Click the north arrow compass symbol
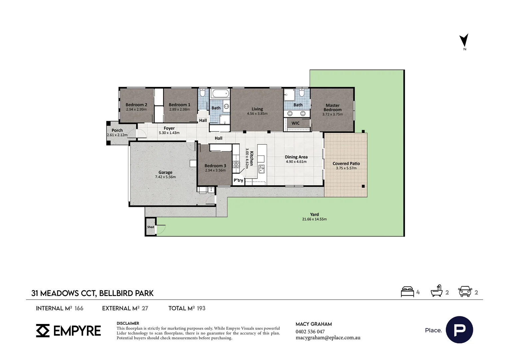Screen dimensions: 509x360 [x=464, y=41]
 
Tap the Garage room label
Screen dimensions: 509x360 [x=165, y=172]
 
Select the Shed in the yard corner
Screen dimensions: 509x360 [x=151, y=227]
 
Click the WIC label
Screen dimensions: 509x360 [x=295, y=123]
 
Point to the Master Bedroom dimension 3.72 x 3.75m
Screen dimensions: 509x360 [x=332, y=114]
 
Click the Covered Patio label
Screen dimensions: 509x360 [x=346, y=164]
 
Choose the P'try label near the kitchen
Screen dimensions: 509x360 [x=239, y=180]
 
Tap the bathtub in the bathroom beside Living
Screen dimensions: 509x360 [x=220, y=93]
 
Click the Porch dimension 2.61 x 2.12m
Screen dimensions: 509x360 [x=117, y=135]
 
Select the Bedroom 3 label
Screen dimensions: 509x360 [x=215, y=166]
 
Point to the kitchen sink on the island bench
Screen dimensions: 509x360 [x=261, y=169]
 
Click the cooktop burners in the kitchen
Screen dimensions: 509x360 [x=236, y=164]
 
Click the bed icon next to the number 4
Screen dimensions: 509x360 [x=407, y=292]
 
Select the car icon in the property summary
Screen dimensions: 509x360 [x=465, y=291]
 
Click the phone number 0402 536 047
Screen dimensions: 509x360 [x=310, y=332]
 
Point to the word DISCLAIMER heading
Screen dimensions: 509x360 [x=128, y=323]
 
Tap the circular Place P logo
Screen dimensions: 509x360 [x=459, y=330]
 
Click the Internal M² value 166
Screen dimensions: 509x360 [x=79, y=308]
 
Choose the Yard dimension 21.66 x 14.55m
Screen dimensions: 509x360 [x=314, y=219]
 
